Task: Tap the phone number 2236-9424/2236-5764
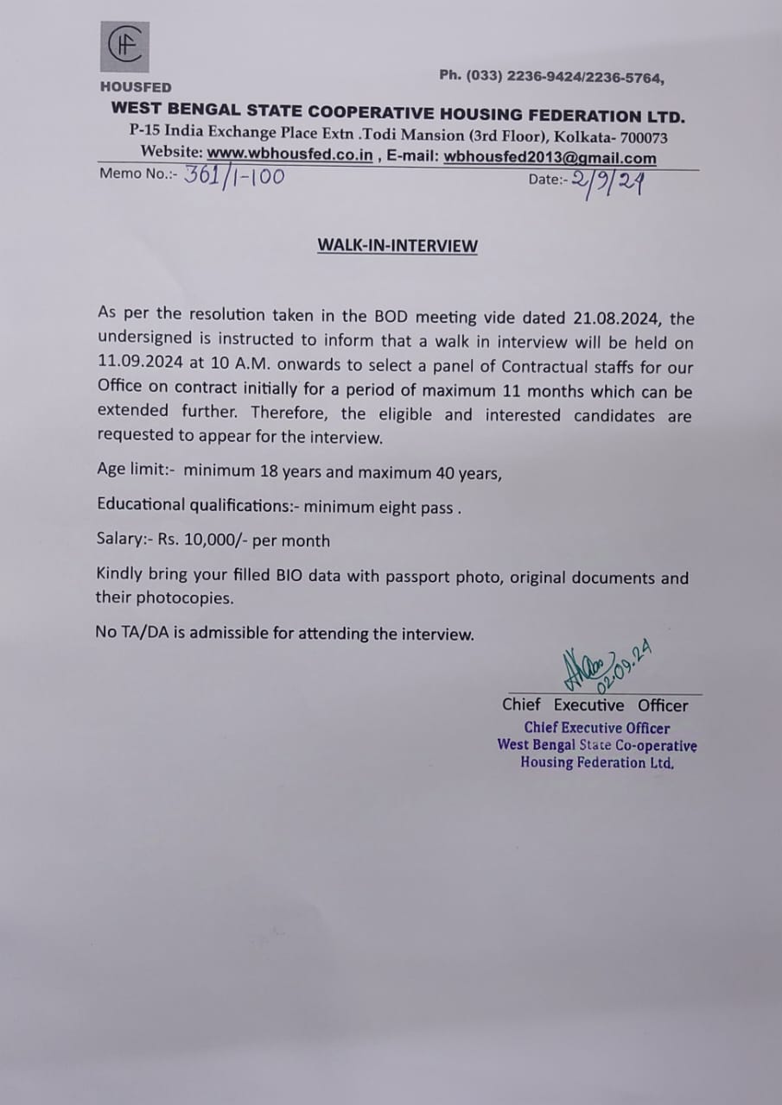585,77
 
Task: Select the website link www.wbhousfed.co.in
289,155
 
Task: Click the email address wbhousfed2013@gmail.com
550,158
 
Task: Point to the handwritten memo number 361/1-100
233,176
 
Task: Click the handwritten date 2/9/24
607,184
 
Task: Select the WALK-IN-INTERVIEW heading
397,245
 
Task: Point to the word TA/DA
144,634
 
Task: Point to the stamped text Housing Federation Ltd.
597,762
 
